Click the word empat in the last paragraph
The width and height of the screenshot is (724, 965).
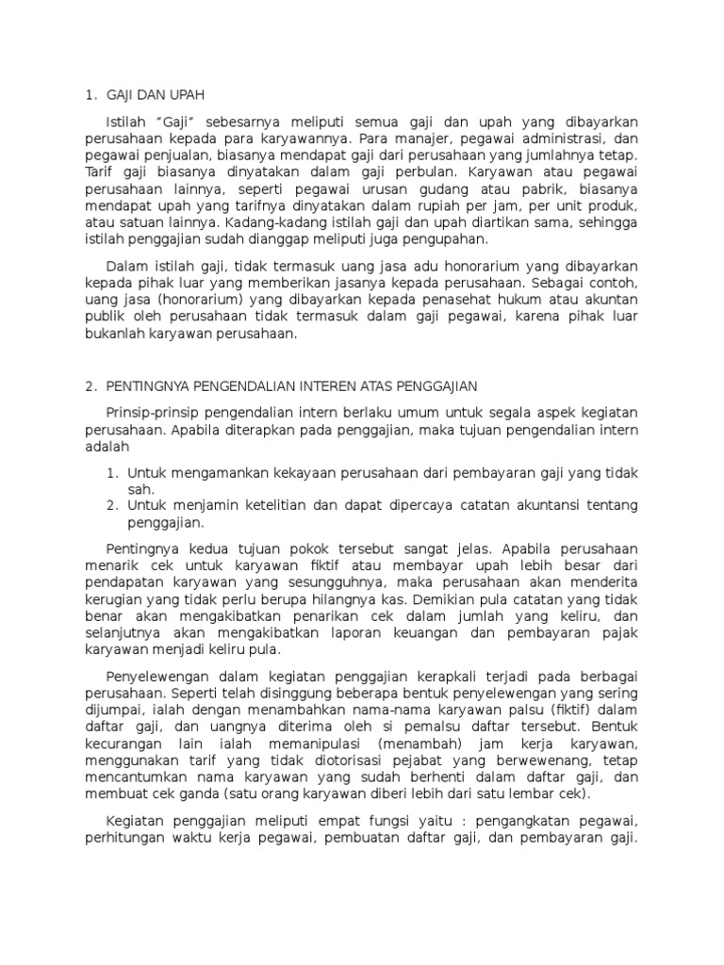tap(347, 830)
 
